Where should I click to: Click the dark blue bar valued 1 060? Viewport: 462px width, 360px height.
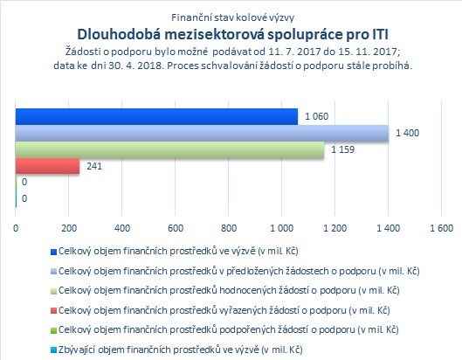[156, 116]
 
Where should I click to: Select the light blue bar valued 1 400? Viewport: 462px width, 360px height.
[202, 133]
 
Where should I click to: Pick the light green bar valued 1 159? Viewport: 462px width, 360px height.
[170, 149]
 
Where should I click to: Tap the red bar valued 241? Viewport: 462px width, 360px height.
[47, 166]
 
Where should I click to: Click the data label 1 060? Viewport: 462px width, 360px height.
[316, 116]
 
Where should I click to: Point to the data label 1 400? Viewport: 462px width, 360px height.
[407, 133]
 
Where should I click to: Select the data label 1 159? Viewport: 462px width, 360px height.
[342, 149]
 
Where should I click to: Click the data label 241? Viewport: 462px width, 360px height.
[94, 166]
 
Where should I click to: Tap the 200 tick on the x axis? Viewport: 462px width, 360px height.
[69, 228]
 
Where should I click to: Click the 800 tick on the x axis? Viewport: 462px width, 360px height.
[229, 228]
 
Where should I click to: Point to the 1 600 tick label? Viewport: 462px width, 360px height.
[441, 228]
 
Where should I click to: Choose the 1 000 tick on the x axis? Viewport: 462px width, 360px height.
[282, 228]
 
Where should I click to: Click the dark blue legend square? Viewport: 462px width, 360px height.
[53, 253]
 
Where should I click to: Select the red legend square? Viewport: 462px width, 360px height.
[53, 311]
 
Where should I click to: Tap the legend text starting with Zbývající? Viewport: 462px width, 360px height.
[180, 350]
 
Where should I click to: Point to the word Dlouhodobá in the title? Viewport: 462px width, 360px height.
[119, 34]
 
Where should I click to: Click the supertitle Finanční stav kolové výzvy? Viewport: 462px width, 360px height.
[233, 17]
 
